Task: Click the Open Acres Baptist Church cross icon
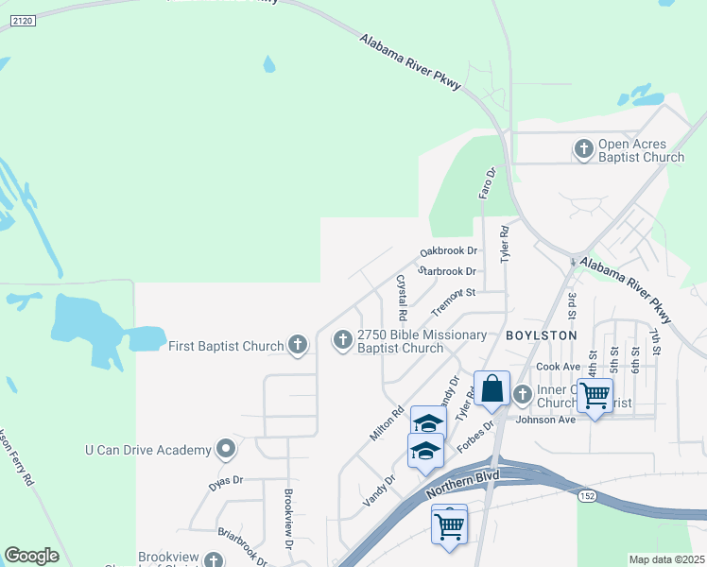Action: click(x=584, y=148)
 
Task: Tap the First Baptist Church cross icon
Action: click(x=298, y=345)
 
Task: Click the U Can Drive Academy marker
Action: click(x=226, y=449)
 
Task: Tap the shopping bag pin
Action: click(x=491, y=389)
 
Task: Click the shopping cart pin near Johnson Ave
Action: click(x=595, y=396)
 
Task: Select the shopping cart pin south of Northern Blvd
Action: click(x=449, y=524)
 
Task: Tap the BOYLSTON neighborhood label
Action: click(x=541, y=335)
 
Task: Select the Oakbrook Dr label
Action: click(x=449, y=251)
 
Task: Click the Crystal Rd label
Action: click(x=402, y=296)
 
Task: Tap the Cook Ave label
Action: click(x=558, y=366)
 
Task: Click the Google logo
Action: click(x=31, y=556)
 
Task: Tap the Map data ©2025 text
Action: click(x=665, y=559)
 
